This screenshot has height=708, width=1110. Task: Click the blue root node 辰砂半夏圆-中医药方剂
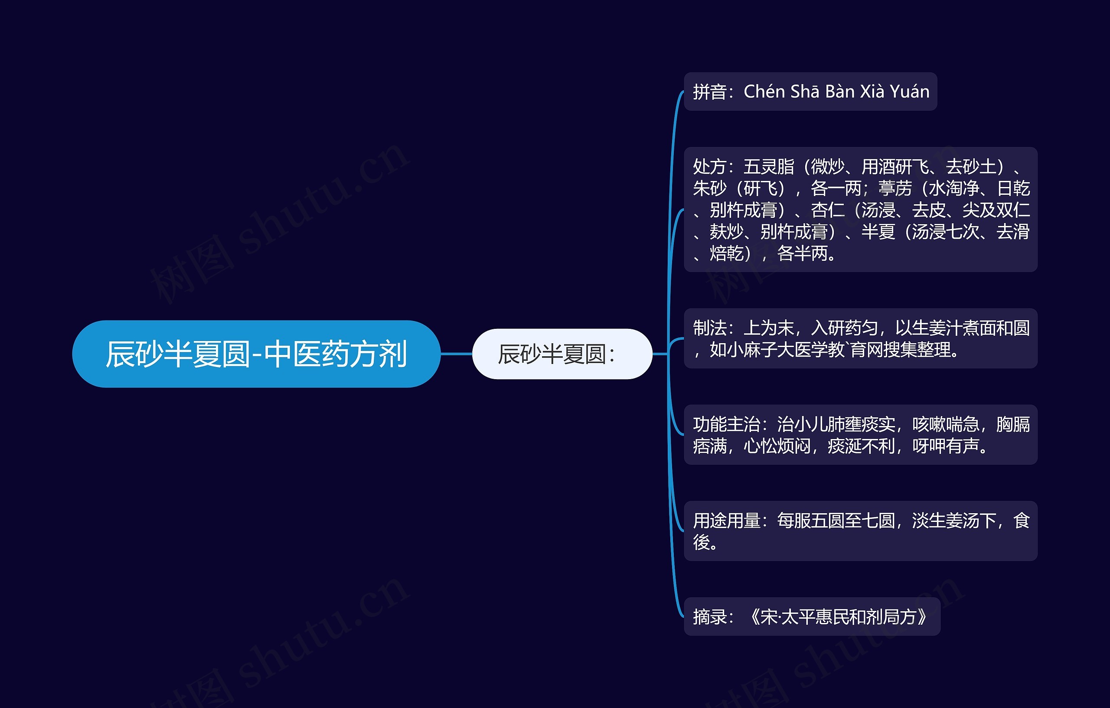click(x=256, y=354)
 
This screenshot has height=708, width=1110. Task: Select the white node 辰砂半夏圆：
click(x=562, y=354)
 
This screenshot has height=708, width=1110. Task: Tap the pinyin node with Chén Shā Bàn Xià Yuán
click(x=810, y=92)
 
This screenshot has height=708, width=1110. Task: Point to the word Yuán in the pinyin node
click(x=910, y=92)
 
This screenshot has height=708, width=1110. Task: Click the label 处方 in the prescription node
click(x=710, y=167)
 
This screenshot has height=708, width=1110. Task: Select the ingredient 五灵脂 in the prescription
click(x=769, y=167)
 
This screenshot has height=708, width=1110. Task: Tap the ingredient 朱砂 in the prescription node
click(x=710, y=188)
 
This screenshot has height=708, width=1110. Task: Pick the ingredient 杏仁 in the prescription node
click(x=827, y=210)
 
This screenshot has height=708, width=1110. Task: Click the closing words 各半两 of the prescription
click(x=802, y=253)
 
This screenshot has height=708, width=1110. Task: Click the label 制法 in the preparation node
click(x=710, y=328)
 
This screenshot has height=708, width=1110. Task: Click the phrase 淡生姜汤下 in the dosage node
click(x=954, y=520)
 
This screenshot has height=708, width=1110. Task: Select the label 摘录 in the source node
click(x=710, y=616)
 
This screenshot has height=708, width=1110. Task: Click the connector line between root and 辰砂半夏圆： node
click(x=456, y=354)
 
